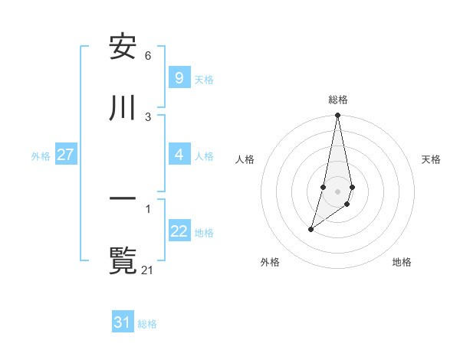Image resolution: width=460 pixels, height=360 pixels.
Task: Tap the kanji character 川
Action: coord(123,108)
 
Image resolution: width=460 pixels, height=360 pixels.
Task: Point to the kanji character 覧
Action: coord(123,260)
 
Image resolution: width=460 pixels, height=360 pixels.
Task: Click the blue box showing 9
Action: coord(179,78)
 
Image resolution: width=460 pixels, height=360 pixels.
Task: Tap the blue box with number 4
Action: coord(179,155)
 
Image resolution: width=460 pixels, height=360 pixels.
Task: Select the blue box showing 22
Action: coord(179,231)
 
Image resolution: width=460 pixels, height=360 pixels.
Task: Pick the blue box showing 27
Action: coord(65,155)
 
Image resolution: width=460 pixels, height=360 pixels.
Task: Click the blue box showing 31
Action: coord(123,322)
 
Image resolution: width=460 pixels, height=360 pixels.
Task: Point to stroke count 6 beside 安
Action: coord(148,56)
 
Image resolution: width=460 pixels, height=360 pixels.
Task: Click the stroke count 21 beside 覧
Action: coord(148,270)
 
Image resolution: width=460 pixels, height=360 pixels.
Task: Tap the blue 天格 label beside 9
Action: coord(204,79)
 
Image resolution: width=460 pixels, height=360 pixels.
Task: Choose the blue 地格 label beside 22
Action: coord(204,232)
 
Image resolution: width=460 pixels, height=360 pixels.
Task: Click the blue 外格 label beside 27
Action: coord(41,155)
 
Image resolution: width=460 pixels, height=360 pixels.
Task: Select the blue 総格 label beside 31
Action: coord(147,323)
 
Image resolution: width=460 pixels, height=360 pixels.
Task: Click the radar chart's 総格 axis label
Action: coord(337,100)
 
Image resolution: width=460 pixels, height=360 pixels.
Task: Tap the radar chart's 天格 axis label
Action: coord(431,159)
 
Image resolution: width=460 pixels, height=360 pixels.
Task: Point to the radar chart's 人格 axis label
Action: coord(245,159)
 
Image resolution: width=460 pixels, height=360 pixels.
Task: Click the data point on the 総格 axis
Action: coord(337,116)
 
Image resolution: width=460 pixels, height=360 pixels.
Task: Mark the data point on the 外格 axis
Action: coord(310,229)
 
